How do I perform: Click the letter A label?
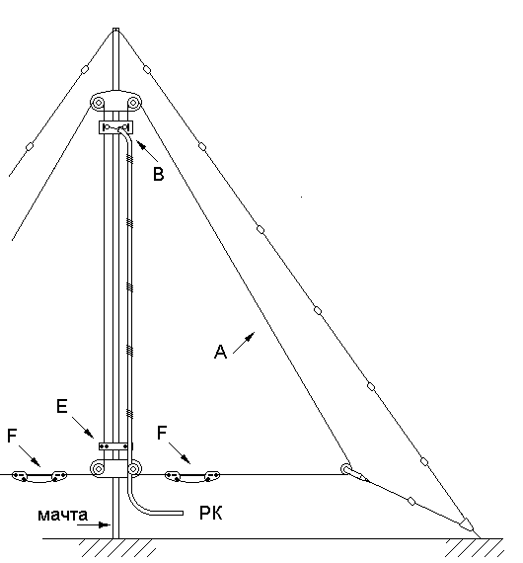(220, 352)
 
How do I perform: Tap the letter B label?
(158, 174)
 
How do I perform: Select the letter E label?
(62, 407)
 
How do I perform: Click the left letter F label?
(12, 436)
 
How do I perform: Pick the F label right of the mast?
(162, 433)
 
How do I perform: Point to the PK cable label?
(210, 513)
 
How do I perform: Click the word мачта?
(62, 515)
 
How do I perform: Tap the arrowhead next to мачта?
(105, 524)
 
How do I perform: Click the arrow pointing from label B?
(147, 151)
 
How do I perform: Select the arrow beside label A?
(244, 343)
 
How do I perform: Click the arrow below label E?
(83, 428)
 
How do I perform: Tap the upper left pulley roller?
(98, 103)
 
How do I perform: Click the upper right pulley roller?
(133, 103)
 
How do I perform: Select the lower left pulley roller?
(98, 468)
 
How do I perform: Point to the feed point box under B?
(115, 127)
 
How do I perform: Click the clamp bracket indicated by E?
(113, 446)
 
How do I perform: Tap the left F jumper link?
(39, 476)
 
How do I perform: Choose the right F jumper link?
(192, 476)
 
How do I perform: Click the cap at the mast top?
(115, 30)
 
